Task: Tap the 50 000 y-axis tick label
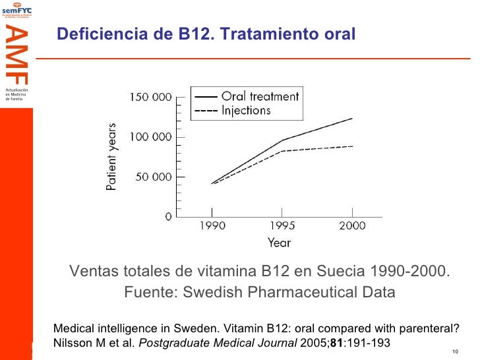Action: tap(152, 177)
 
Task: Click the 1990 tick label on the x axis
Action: tap(212, 226)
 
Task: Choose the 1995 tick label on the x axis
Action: tap(282, 226)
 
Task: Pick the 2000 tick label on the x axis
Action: tap(352, 226)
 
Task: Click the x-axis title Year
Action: tap(279, 243)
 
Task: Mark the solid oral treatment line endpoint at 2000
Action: tap(352, 118)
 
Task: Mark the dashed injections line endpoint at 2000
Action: tap(352, 146)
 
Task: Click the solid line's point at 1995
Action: tap(282, 140)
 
